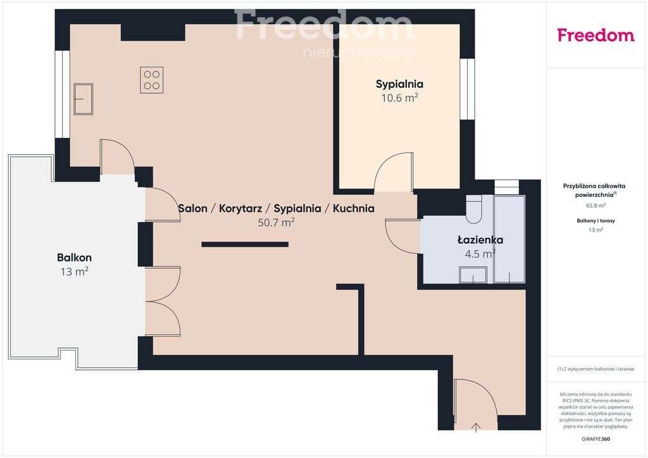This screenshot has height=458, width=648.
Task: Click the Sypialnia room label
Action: tap(399, 84)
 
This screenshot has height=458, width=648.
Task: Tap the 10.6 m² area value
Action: tap(399, 98)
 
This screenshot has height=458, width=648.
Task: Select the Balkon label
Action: tap(74, 257)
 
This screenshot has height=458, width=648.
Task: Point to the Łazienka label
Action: tap(480, 240)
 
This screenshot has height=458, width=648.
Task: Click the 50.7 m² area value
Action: tap(276, 223)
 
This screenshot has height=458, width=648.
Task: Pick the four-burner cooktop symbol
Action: tap(151, 80)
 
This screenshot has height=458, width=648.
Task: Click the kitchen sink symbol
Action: tap(83, 99)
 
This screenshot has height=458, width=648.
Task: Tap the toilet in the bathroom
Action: tap(474, 210)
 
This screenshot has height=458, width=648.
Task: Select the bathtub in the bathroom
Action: tap(509, 239)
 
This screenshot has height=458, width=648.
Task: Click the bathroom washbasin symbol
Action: tap(473, 275)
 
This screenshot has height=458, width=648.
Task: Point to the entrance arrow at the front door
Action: tap(477, 427)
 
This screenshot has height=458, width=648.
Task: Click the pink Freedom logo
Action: tap(595, 35)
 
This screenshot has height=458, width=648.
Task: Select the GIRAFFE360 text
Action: tap(595, 438)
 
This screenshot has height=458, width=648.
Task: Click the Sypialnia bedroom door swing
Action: tap(392, 172)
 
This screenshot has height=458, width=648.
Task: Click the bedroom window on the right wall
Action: tap(468, 89)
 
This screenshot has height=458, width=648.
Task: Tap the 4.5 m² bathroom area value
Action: tap(480, 254)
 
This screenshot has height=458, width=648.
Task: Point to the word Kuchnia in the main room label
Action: tap(353, 208)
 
